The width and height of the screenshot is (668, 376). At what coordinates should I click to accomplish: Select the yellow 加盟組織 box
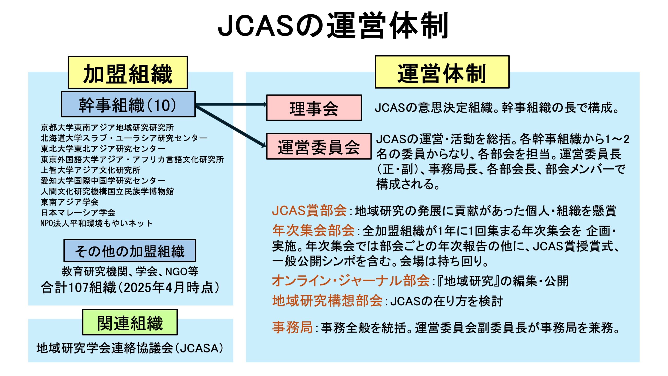tap(128, 72)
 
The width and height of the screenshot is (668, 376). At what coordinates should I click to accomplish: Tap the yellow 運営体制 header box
tap(442, 72)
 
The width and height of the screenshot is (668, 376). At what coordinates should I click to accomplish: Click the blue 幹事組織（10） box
tap(128, 104)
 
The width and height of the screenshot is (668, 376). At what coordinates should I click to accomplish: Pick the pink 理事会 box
tap(314, 108)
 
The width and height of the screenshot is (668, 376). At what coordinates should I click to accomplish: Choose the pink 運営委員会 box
tap(319, 146)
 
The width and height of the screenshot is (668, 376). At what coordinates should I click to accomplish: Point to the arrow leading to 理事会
tap(231, 104)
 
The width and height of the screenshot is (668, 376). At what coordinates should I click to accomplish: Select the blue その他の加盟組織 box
tap(130, 250)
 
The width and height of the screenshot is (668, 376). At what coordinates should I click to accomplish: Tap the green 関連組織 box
tap(130, 322)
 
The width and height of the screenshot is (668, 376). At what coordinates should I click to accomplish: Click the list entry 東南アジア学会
tap(70, 202)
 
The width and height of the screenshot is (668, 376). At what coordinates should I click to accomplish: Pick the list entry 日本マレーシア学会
tap(78, 212)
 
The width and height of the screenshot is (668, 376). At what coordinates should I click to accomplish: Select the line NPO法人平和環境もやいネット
tap(96, 223)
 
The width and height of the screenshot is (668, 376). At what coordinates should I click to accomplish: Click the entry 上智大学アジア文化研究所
tap(91, 170)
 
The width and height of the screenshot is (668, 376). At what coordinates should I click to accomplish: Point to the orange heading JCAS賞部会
tap(309, 210)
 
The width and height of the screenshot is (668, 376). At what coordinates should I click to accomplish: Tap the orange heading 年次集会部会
tap(313, 230)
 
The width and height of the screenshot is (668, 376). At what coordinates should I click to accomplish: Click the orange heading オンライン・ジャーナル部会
tap(351, 281)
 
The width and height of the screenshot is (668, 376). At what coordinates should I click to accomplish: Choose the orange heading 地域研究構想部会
tap(327, 301)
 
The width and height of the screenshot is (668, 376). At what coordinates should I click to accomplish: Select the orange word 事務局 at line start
tap(293, 327)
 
